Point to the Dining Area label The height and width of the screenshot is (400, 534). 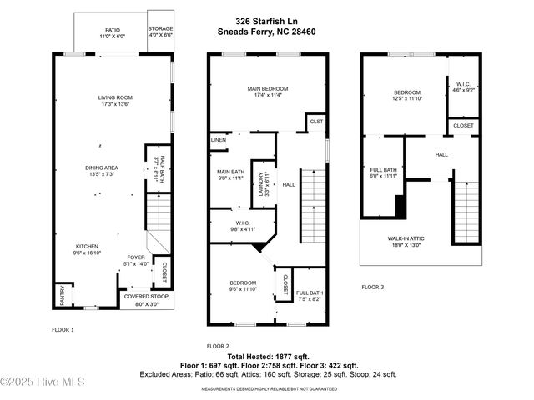point(102,170)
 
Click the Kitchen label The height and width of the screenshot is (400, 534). point(88,251)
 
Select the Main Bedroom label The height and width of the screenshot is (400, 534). point(267,92)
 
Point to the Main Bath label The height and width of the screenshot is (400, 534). point(229,175)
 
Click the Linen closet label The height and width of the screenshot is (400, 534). point(219,139)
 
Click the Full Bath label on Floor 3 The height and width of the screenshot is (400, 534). point(383,174)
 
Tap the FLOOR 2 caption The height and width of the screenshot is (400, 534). point(218,345)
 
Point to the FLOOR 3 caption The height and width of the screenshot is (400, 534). point(373,287)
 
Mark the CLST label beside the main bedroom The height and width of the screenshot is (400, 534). point(316,122)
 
